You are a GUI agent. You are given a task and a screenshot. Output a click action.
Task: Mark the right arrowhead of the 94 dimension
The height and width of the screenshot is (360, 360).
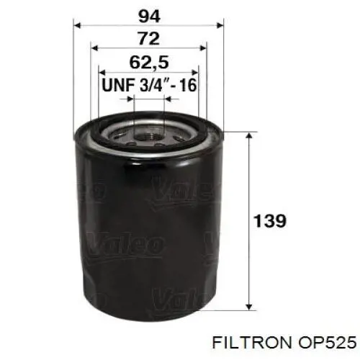222,24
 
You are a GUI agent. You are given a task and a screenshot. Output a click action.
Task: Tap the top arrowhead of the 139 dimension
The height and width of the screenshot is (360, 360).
249,136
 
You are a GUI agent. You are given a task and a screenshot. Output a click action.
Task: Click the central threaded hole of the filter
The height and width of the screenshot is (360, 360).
150,130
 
